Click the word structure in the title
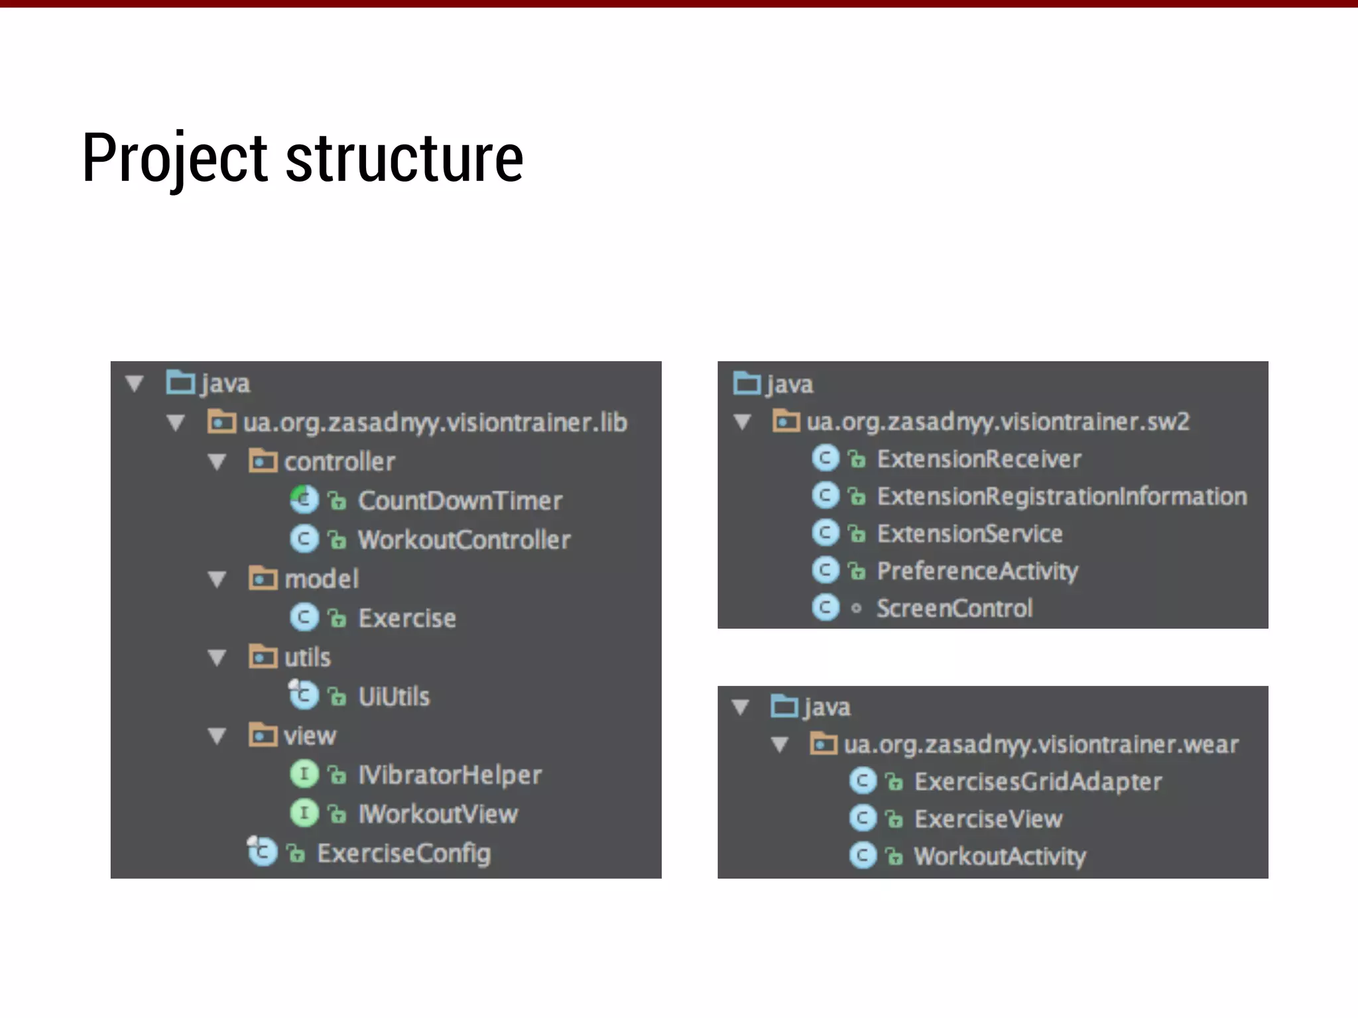tap(404, 159)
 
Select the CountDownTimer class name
tap(460, 501)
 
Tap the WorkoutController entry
tap(463, 540)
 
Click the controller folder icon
tap(263, 461)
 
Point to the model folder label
tap(322, 579)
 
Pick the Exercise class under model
tap(406, 618)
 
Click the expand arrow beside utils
tap(217, 657)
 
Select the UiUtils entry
tap(394, 697)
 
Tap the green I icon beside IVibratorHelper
tap(304, 774)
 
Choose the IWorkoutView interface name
tap(438, 814)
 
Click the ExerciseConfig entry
tap(403, 853)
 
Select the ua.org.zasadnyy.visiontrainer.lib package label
tap(434, 423)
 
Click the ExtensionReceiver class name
tap(979, 459)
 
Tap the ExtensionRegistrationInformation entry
tap(1062, 496)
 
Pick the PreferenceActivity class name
tap(977, 571)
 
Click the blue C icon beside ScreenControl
tap(826, 608)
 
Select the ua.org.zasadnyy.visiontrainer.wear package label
tap(1041, 744)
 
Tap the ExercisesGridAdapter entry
tap(1038, 781)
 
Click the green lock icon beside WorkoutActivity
tap(895, 857)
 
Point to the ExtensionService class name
tap(969, 534)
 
